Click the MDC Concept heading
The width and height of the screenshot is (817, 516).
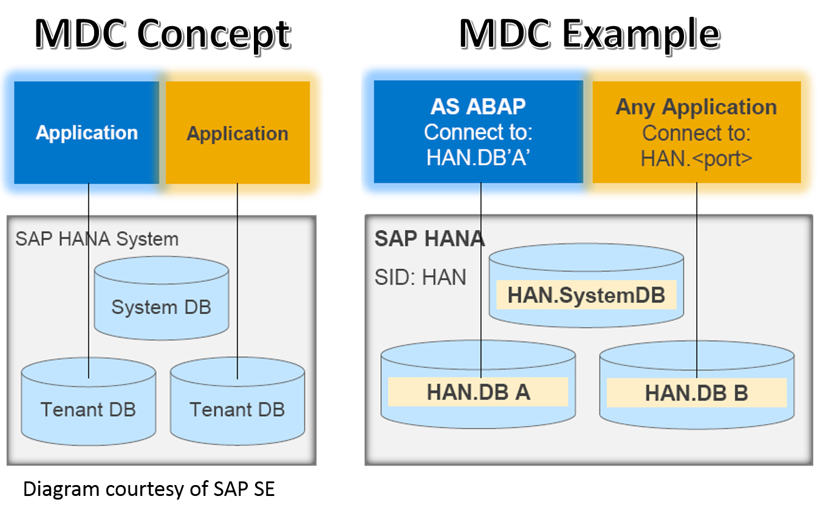(163, 33)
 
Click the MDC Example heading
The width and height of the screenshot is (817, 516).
(589, 33)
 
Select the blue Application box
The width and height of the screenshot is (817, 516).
(86, 132)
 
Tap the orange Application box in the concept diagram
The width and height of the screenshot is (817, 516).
(238, 133)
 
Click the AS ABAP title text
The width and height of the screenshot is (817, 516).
(478, 106)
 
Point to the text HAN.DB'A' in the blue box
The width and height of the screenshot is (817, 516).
(478, 158)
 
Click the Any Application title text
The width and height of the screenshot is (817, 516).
(696, 107)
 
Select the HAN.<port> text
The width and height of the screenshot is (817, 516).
(696, 158)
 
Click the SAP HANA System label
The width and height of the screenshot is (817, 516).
(97, 239)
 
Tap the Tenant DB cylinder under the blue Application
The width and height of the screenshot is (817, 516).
(88, 410)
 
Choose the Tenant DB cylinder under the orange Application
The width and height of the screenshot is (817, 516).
(237, 410)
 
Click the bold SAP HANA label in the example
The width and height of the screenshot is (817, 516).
(429, 239)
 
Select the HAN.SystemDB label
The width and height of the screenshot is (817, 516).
(586, 295)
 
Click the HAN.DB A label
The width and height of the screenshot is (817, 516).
(478, 392)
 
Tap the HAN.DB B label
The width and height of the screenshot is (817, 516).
(696, 393)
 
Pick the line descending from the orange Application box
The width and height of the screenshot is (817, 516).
(238, 273)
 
